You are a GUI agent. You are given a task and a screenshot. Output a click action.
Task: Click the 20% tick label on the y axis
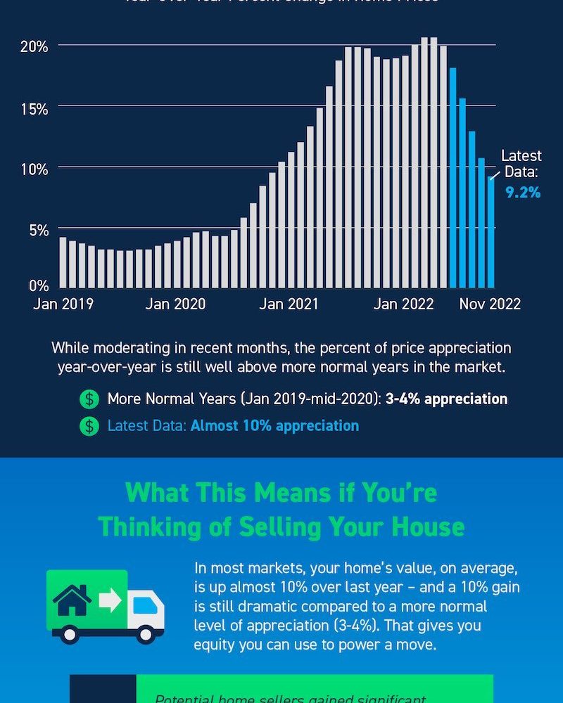pyautogui.click(x=34, y=46)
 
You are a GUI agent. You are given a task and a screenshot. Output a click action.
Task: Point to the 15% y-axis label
pyautogui.click(x=34, y=109)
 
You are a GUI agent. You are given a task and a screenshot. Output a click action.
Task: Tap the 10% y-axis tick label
pyautogui.click(x=34, y=169)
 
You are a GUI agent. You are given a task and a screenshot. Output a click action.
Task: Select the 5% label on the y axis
pyautogui.click(x=37, y=230)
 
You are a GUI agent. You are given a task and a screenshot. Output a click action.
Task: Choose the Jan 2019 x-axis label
pyautogui.click(x=63, y=304)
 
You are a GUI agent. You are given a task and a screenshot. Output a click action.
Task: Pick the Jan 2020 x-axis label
pyautogui.click(x=176, y=304)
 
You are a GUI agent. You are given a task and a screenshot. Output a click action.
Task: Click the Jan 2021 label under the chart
pyautogui.click(x=289, y=304)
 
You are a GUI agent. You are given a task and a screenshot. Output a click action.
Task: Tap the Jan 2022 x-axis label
pyautogui.click(x=403, y=304)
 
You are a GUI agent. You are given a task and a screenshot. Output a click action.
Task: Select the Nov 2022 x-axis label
pyautogui.click(x=490, y=304)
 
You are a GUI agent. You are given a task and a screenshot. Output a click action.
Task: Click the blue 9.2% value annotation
pyautogui.click(x=523, y=191)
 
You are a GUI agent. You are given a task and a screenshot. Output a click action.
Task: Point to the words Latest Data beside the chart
pyautogui.click(x=521, y=164)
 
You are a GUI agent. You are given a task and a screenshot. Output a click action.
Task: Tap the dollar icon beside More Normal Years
pyautogui.click(x=89, y=399)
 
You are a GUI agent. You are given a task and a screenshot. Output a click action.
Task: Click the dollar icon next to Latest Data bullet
pyautogui.click(x=89, y=426)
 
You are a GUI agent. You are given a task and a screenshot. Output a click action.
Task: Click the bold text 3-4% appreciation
pyautogui.click(x=446, y=399)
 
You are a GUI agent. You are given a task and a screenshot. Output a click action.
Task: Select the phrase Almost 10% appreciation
pyautogui.click(x=274, y=426)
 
